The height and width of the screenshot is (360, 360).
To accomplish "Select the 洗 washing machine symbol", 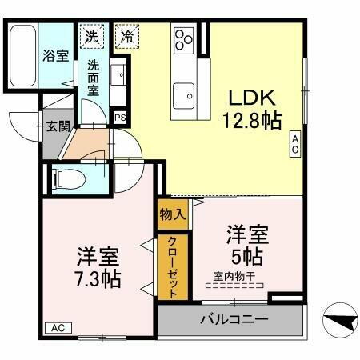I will pos(93,36).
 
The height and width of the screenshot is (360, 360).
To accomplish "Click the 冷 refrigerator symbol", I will pos(126,36).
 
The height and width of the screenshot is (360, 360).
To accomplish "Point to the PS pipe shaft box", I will pos(120,118).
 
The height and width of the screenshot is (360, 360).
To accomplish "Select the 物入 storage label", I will pos(173,214).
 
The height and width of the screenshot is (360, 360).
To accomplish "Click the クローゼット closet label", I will pos(173,266).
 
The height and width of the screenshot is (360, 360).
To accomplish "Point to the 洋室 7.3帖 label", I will pos(98,268).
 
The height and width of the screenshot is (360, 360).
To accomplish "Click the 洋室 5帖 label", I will pos(246,246).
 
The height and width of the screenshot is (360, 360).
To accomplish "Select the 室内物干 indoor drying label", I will pos(234,277).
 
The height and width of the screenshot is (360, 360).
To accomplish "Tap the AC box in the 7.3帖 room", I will pos(57,328).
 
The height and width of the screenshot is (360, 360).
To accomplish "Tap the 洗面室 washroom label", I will pos(93,78).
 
